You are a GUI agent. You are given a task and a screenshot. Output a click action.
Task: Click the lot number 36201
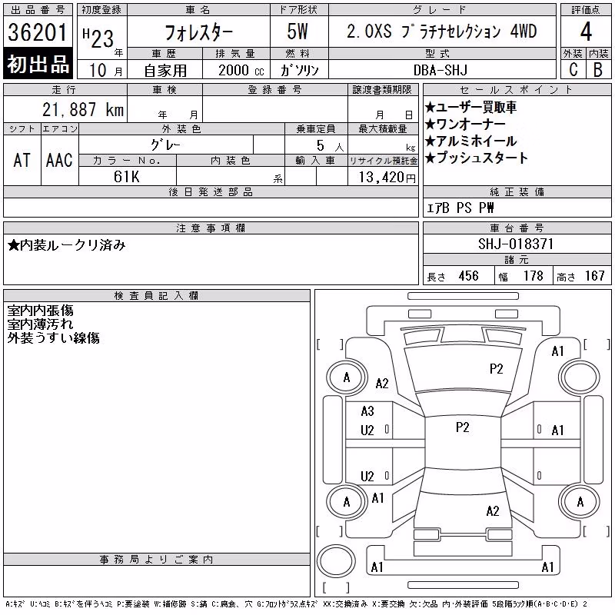pos(38,32)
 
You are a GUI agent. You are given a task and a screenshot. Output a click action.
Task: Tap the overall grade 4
pos(586,32)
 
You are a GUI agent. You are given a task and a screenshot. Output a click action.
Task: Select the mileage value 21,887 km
pos(83,110)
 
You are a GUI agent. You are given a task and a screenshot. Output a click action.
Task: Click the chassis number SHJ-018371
pos(516,244)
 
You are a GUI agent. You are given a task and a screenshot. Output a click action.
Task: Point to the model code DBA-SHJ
pos(440,70)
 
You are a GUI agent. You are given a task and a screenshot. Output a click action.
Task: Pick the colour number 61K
pos(126,177)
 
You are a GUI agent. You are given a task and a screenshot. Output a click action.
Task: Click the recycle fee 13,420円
pos(387,178)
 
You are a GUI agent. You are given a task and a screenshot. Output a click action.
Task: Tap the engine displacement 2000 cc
pos(241,70)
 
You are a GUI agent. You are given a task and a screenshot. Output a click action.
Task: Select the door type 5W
pos(298,32)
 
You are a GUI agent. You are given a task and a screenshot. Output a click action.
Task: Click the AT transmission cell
pos(22,160)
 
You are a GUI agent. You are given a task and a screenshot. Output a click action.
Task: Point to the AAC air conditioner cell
pos(59,160)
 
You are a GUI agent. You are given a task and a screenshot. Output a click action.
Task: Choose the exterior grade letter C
pos(573,70)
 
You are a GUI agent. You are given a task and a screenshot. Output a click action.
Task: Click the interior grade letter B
pos(598,70)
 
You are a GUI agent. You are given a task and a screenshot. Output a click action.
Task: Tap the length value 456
pos(469,276)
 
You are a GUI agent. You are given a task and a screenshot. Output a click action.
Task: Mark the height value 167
pos(594,276)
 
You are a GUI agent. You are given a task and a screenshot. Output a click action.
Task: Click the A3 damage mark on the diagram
pos(367,411)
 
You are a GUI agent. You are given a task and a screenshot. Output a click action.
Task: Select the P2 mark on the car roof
pos(463,427)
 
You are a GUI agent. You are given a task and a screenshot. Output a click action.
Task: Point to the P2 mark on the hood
pos(496,369)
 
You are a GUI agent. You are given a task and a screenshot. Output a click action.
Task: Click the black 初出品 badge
pos(38,64)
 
